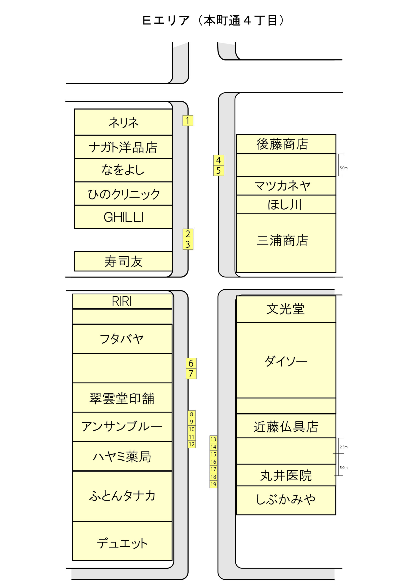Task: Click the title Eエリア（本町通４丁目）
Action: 213,21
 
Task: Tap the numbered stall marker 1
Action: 187,120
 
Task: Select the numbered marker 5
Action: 218,171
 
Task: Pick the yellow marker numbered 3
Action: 187,244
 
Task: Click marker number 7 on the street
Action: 191,374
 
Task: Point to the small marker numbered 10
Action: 192,429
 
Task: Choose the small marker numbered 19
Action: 213,484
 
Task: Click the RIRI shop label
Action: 122,301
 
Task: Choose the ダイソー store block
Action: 286,360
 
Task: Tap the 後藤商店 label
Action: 282,144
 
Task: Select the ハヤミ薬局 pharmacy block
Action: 122,456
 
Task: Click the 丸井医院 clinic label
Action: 286,476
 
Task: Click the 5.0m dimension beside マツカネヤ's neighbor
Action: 344,168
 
